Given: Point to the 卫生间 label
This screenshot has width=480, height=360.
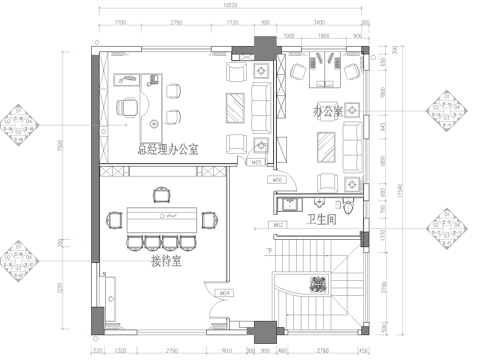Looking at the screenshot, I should pyautogui.click(x=322, y=219).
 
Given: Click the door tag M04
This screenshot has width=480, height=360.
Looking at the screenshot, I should pyautogui.click(x=226, y=293).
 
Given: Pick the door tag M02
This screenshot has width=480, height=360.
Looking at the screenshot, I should pyautogui.click(x=279, y=226).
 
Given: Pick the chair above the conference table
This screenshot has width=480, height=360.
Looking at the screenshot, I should pyautogui.click(x=162, y=193).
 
